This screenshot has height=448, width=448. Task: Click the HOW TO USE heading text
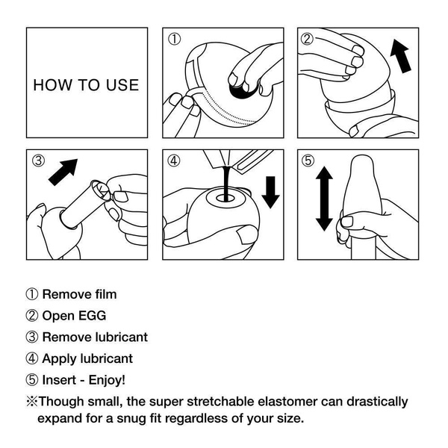point(85,84)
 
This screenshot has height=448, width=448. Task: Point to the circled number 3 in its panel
point(40,161)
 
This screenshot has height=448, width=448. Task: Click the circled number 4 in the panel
point(175,161)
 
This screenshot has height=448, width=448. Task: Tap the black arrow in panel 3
point(65,172)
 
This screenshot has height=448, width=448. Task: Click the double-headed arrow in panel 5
point(323,199)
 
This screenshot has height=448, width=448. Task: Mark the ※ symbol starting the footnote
point(32,401)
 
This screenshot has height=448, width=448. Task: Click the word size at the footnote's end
point(289,417)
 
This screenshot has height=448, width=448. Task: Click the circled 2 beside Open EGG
point(32,316)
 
